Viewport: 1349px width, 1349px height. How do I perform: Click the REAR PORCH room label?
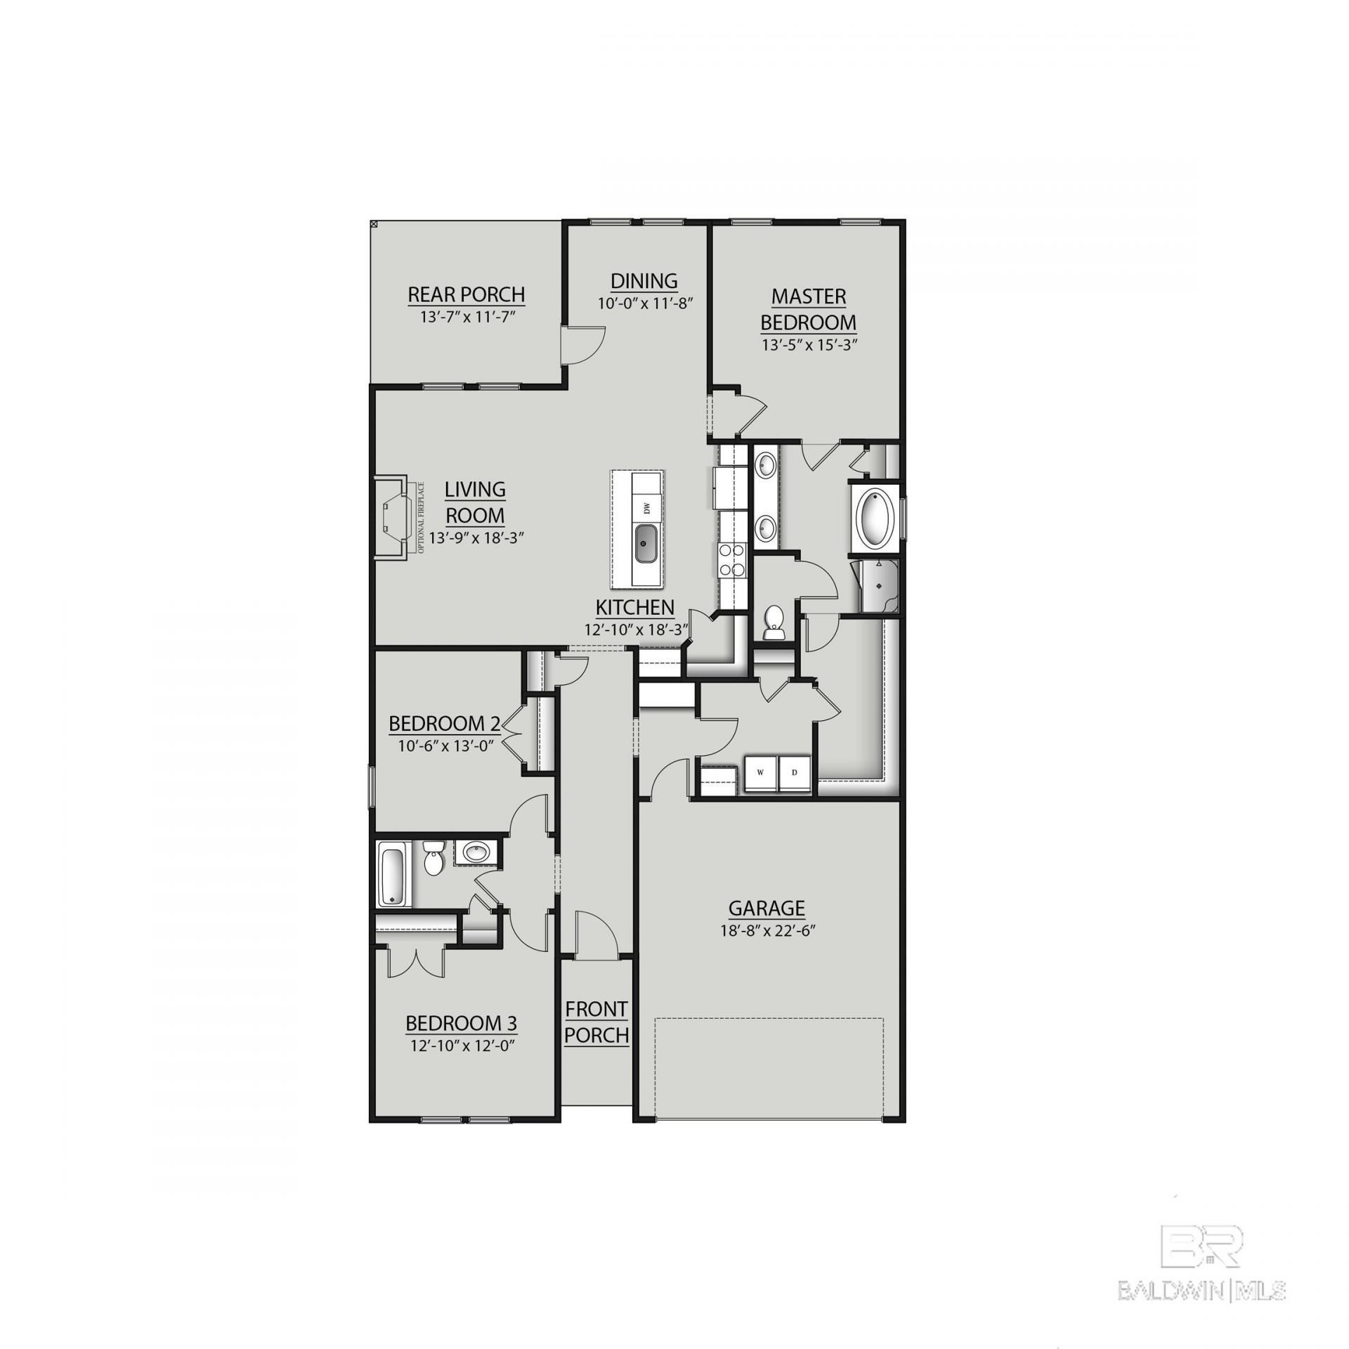[467, 294]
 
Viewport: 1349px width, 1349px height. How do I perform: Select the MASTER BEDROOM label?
[809, 309]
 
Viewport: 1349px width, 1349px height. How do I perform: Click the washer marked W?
[760, 773]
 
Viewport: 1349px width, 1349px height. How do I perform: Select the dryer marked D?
[795, 773]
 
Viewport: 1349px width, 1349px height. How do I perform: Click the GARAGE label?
[767, 908]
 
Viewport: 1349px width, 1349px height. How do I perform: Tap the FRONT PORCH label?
[597, 1022]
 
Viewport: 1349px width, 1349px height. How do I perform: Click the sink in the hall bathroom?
[477, 853]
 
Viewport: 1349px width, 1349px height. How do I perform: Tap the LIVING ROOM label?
[475, 502]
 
